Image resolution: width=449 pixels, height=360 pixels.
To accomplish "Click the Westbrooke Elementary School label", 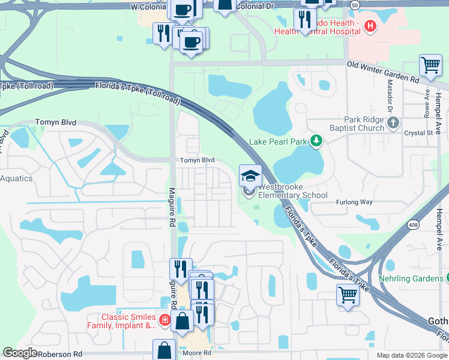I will click(x=293, y=191).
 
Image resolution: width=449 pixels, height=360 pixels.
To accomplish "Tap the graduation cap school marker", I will click(x=250, y=176).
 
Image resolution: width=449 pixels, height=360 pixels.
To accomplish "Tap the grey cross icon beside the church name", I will click(x=393, y=124).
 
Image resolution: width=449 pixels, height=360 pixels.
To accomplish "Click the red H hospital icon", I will click(x=370, y=26).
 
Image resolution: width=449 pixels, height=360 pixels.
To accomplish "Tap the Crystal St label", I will click(x=418, y=133).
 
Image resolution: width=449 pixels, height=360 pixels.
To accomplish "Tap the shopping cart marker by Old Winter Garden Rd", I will click(x=430, y=66).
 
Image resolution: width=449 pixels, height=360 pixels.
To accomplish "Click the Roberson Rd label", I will click(x=60, y=355).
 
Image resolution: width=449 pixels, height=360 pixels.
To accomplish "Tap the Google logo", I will click(x=20, y=353).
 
